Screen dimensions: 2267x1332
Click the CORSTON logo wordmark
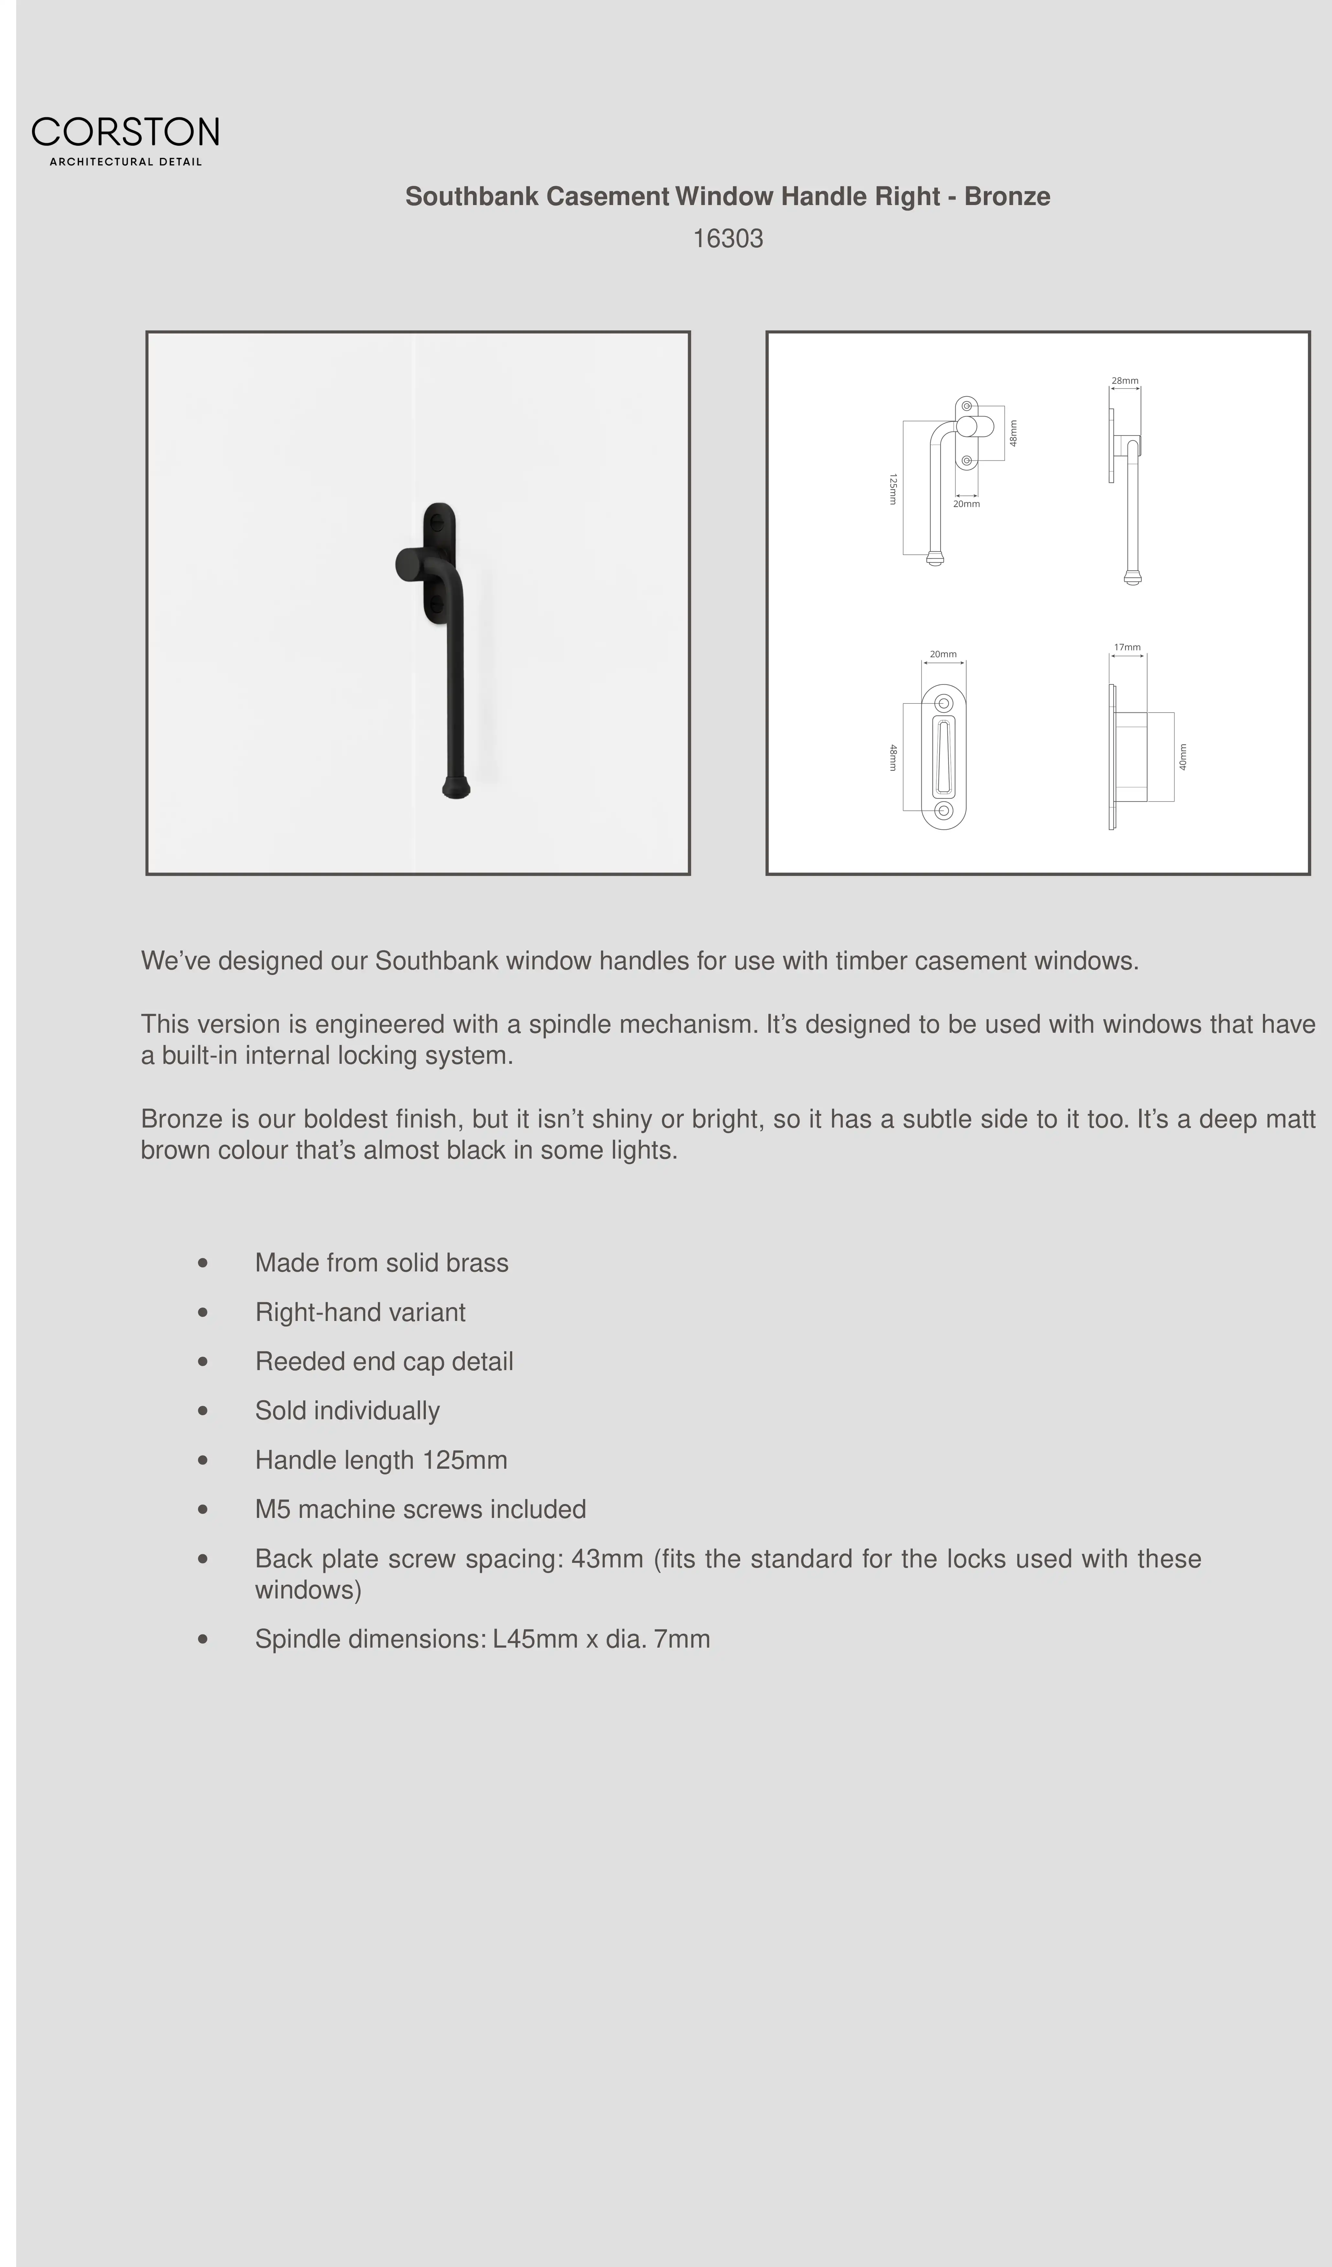tap(125, 132)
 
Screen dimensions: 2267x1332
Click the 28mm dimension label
tap(1124, 381)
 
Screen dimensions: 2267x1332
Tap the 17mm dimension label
tap(1127, 647)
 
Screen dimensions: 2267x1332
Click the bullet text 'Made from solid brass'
tap(381, 1263)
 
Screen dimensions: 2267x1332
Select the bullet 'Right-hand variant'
tap(360, 1313)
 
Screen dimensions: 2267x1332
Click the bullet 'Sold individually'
tap(347, 1411)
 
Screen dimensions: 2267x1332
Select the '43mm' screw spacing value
tap(607, 1559)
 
